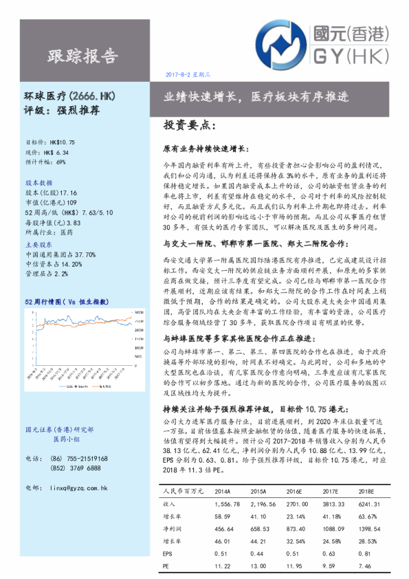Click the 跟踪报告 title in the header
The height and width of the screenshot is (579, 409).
pyautogui.click(x=82, y=55)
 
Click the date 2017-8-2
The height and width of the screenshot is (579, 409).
pyautogui.click(x=181, y=73)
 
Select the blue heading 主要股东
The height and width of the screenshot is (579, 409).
pyautogui.click(x=38, y=244)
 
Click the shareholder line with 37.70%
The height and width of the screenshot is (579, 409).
pyautogui.click(x=60, y=254)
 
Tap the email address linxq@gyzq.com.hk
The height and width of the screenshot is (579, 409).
pyautogui.click(x=75, y=488)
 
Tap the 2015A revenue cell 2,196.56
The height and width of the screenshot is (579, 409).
pyautogui.click(x=263, y=504)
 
